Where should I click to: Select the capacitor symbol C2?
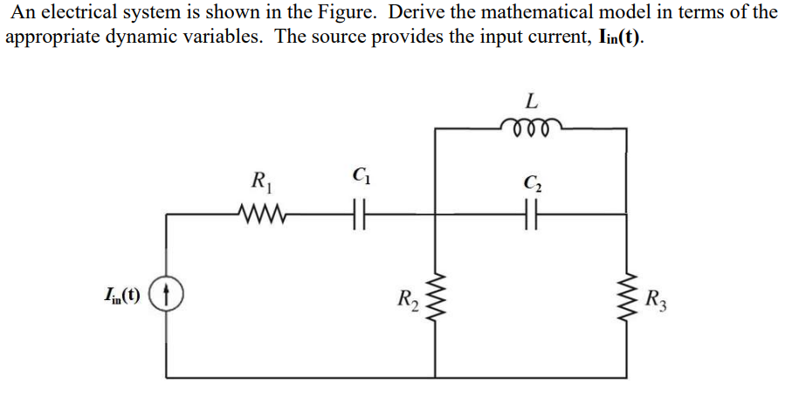coord(530,212)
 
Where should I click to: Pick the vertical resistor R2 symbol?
coord(436,302)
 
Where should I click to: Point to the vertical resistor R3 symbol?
coord(627,302)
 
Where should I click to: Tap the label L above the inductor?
coord(533,99)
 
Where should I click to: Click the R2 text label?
coord(410,303)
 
